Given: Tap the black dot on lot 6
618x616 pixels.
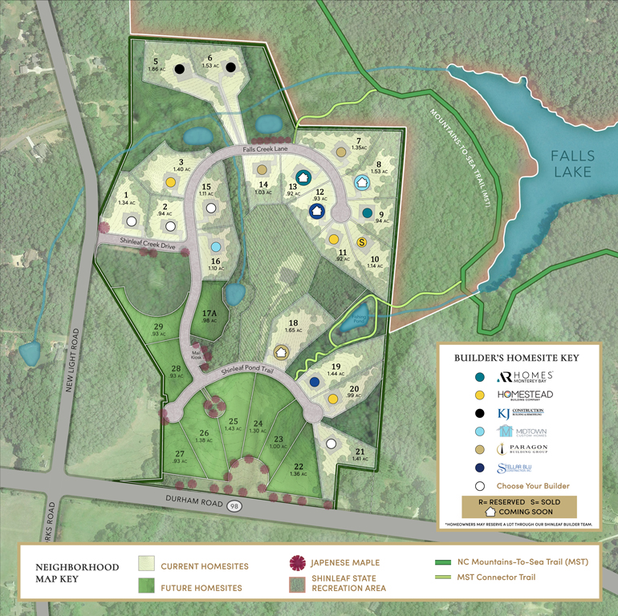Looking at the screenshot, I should coord(230,67).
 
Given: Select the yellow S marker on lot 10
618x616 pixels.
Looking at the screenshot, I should coord(361,241).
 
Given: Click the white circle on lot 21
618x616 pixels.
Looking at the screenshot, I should coord(330,443).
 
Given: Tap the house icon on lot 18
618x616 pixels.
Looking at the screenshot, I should coord(281,351).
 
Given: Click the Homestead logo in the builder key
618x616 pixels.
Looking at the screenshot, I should coord(526,395).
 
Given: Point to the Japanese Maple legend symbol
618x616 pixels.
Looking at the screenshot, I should coord(295,565).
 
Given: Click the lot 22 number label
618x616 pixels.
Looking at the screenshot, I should coord(299,468).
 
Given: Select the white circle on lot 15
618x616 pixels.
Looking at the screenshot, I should coord(211,208).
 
